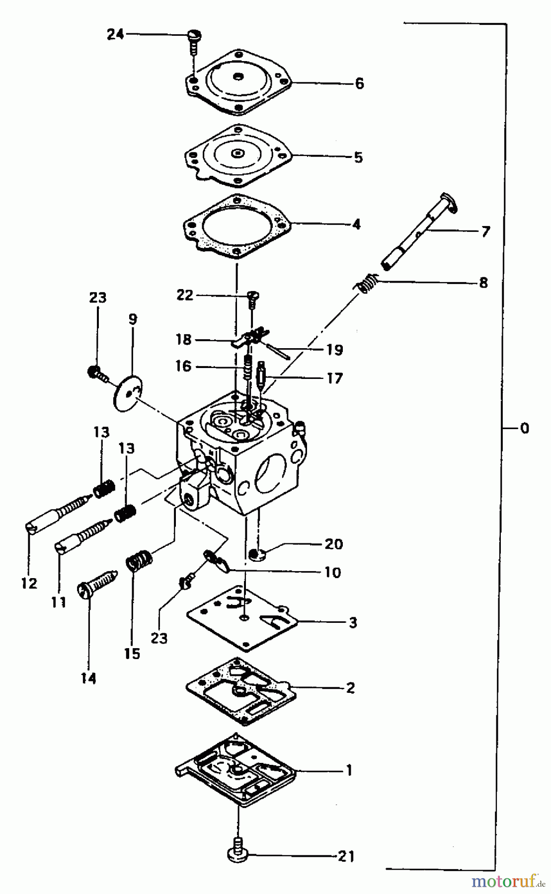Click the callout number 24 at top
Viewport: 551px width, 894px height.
[115, 35]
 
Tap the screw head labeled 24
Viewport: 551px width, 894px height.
[193, 35]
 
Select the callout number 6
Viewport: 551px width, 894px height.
[359, 83]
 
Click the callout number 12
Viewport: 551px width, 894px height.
[29, 583]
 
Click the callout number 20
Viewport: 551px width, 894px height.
[333, 544]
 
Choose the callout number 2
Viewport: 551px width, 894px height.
[350, 688]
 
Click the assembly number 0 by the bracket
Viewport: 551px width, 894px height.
[524, 428]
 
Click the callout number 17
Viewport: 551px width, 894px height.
[335, 378]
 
